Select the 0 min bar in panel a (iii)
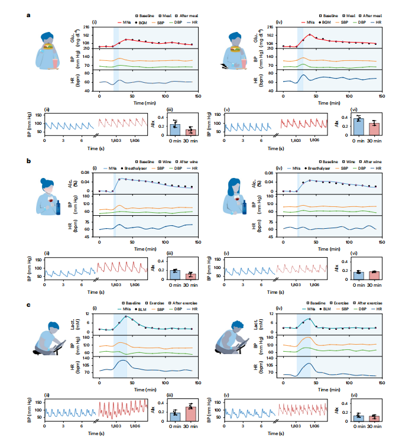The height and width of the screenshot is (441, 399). [x=174, y=129]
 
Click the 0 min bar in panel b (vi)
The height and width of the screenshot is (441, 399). [x=358, y=275]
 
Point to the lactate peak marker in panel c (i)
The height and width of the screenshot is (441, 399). [x=126, y=316]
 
